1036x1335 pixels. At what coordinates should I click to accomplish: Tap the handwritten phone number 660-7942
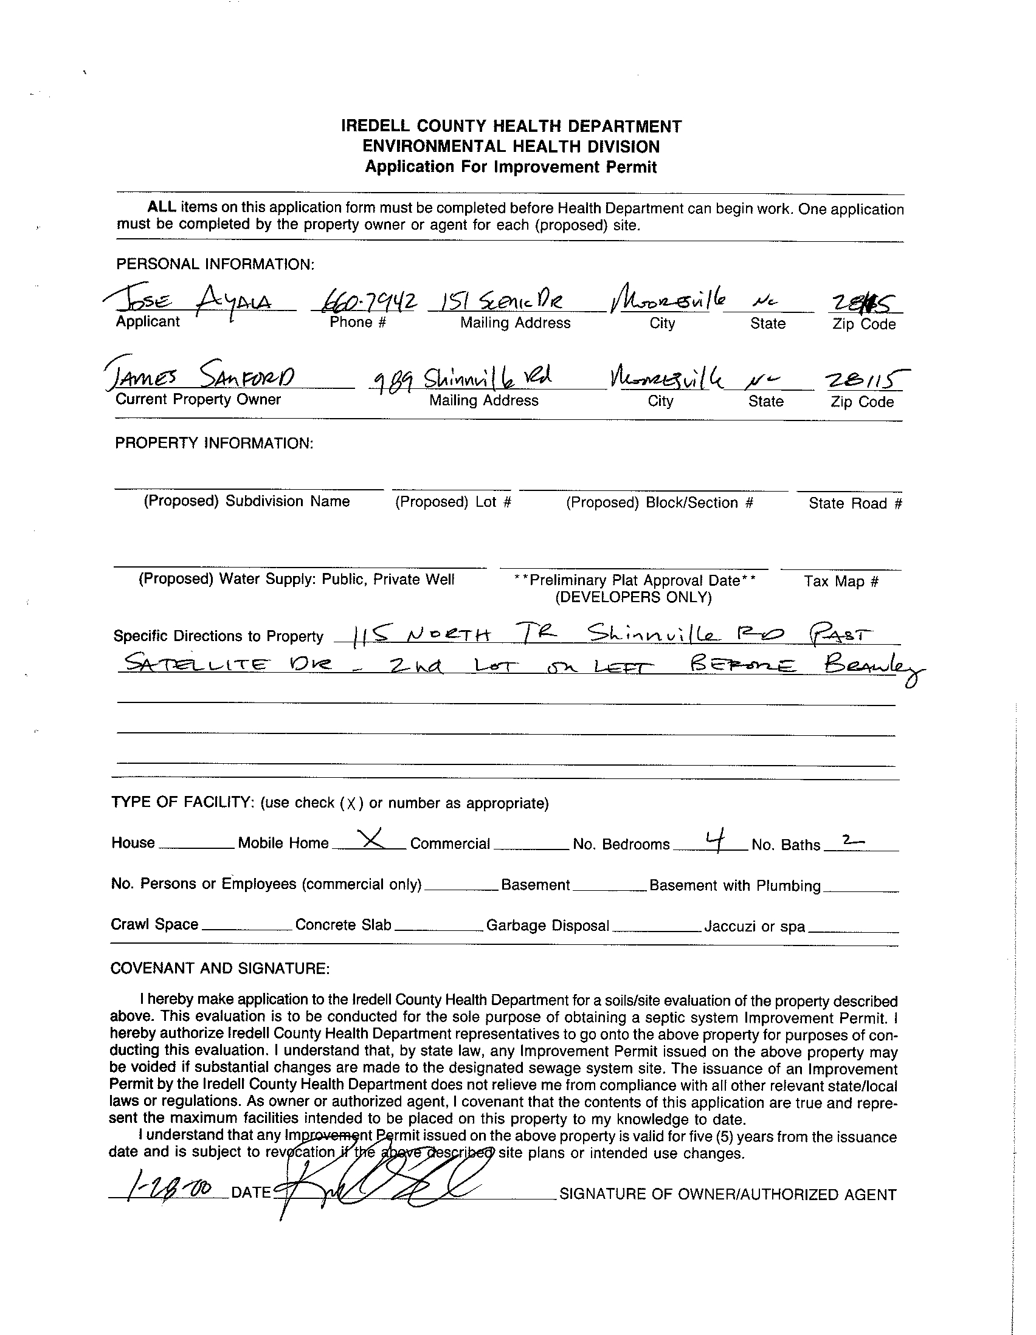point(365,300)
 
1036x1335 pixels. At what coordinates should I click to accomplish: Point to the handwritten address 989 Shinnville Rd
point(463,379)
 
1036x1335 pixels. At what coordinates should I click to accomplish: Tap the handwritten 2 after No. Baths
point(852,841)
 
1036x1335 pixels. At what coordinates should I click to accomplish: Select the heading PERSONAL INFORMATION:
point(215,265)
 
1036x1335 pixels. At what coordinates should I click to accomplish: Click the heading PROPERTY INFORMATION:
point(214,443)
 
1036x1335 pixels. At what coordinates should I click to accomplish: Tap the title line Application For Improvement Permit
point(511,167)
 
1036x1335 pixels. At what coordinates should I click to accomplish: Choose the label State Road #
point(855,503)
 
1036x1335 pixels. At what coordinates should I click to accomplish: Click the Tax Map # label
point(841,581)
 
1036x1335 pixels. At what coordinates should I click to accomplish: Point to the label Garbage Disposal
point(547,925)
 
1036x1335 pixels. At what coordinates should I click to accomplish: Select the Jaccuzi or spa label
point(754,927)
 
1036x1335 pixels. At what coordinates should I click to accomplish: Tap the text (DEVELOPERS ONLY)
point(633,597)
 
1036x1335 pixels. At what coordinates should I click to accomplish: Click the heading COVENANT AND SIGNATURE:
point(220,968)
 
